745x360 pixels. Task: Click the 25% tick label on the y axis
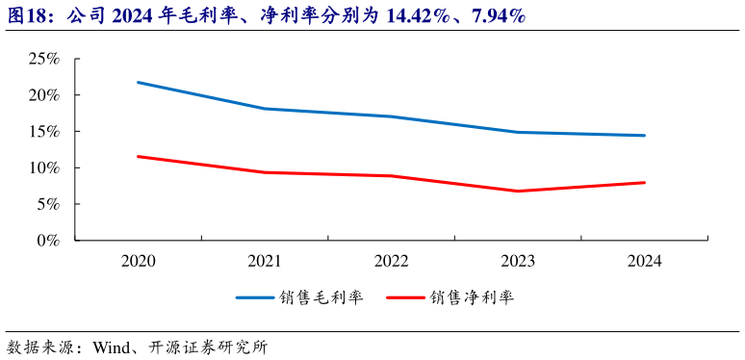click(x=45, y=60)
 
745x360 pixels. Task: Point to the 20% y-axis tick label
click(x=45, y=95)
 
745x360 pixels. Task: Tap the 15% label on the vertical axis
click(x=45, y=132)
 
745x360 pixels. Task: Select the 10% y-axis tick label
click(x=45, y=168)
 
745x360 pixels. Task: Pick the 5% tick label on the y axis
click(x=49, y=204)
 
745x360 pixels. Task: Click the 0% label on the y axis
click(x=49, y=241)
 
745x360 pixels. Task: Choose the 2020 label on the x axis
click(x=140, y=261)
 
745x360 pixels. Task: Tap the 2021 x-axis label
click(x=266, y=261)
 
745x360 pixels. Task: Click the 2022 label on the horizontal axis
click(x=392, y=261)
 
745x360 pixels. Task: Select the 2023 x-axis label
click(x=518, y=261)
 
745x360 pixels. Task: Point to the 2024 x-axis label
click(x=644, y=261)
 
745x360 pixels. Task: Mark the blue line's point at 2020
click(x=140, y=83)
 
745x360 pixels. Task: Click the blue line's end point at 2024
click(x=644, y=136)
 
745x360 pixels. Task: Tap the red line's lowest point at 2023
click(x=518, y=191)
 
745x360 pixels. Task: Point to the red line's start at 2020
click(x=140, y=156)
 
